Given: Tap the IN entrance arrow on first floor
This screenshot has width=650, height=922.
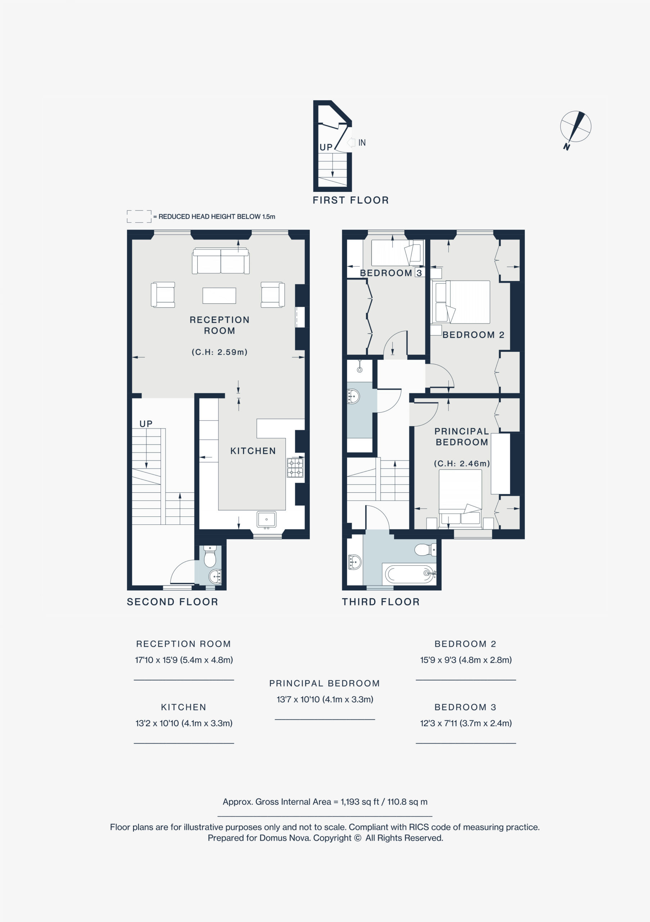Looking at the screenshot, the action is [x=351, y=142].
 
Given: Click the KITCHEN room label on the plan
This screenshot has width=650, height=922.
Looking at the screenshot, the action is [x=253, y=451].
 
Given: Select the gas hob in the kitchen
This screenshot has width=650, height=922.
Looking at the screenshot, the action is [x=295, y=468].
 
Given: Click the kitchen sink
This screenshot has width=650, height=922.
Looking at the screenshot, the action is [x=266, y=519].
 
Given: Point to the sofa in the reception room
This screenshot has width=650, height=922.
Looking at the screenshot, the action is [x=221, y=261].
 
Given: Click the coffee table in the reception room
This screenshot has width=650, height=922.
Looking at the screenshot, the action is [x=219, y=296].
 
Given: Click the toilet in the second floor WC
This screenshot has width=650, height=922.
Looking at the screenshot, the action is [x=210, y=556].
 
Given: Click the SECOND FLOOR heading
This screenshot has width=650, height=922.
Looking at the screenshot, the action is [x=172, y=602].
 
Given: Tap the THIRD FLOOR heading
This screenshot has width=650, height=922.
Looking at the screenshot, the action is [x=381, y=602].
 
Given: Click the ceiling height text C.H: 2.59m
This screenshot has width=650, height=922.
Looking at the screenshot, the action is [x=220, y=352].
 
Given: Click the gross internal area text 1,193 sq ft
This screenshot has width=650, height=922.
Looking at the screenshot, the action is [x=360, y=802].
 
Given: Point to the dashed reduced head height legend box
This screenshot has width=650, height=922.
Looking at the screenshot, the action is [x=139, y=216].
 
